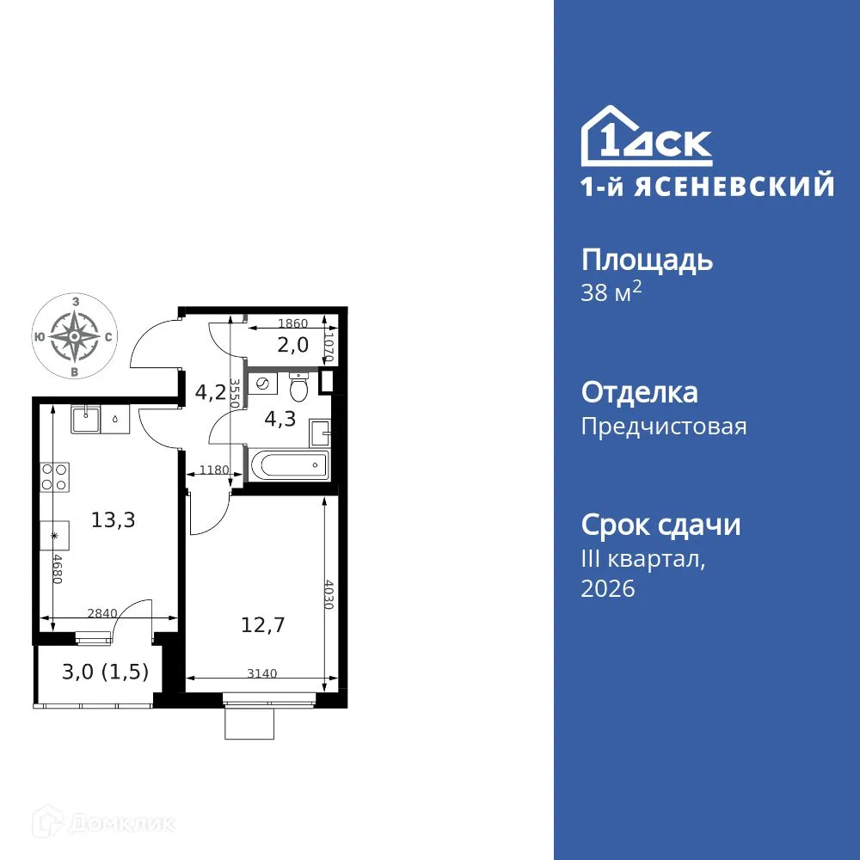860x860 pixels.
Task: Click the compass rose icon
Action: pos(76,336)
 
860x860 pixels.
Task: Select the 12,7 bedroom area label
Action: pos(263,623)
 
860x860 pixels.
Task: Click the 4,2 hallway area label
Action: pos(210,393)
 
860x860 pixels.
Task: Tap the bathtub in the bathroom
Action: pos(288,466)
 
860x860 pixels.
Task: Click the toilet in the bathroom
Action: pos(298,389)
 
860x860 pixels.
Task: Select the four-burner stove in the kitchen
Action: pos(55,476)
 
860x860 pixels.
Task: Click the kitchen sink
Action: pos(86,421)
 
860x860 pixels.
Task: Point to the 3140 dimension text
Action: pos(261,673)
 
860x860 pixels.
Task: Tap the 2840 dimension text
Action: pos(103,613)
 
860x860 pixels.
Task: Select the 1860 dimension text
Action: pos(292,324)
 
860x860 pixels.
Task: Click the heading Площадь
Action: pos(647,260)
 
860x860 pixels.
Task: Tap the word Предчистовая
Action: pos(664,427)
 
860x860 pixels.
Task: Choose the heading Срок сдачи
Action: pos(660,525)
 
